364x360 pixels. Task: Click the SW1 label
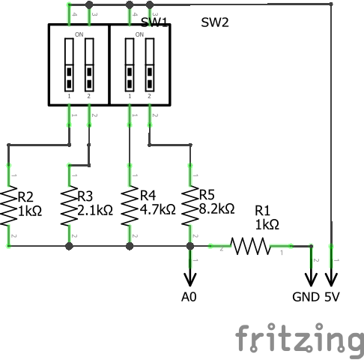pyautogui.click(x=154, y=22)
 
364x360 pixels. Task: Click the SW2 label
pyautogui.click(x=215, y=22)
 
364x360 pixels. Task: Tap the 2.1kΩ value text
pyautogui.click(x=95, y=210)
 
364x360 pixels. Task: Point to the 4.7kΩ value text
pyautogui.click(x=157, y=210)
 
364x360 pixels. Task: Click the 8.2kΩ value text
pyautogui.click(x=217, y=208)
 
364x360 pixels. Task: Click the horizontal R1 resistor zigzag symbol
pyautogui.click(x=251, y=245)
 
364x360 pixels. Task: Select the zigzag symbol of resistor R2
pyautogui.click(x=9, y=205)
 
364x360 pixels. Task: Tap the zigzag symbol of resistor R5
pyautogui.click(x=190, y=205)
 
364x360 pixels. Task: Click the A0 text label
pyautogui.click(x=189, y=296)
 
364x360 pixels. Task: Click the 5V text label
pyautogui.click(x=332, y=296)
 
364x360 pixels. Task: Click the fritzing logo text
pyautogui.click(x=300, y=339)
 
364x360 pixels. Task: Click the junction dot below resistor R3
pyautogui.click(x=70, y=245)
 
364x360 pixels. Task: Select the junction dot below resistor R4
pyautogui.click(x=131, y=245)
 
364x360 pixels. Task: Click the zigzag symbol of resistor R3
pyautogui.click(x=70, y=205)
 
